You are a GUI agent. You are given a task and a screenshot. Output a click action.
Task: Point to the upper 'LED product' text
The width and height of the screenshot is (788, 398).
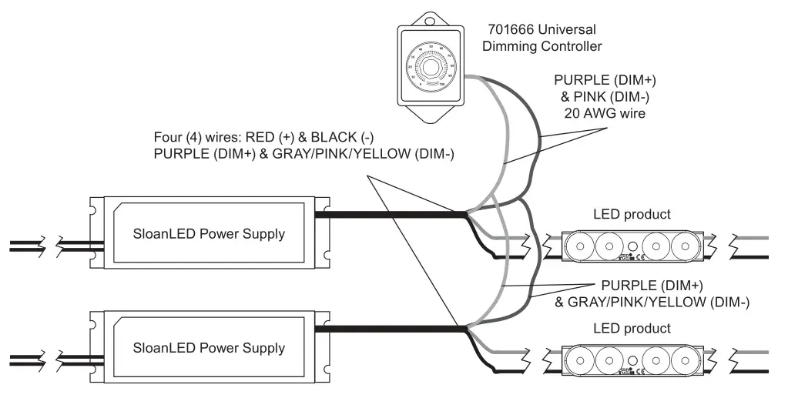point(632,214)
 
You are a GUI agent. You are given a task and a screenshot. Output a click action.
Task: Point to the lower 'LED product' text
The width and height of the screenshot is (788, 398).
point(632,329)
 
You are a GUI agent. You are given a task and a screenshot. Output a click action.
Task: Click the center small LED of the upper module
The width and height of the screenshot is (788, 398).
point(632,247)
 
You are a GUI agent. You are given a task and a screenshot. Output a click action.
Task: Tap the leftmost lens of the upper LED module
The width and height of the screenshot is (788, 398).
point(582,246)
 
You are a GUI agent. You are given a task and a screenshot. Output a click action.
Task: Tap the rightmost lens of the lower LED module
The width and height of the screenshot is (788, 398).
point(682,361)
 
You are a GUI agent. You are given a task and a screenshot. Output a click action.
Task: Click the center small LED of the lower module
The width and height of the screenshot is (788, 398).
point(632,361)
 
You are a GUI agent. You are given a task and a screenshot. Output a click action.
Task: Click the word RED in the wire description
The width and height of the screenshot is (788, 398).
point(255,138)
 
